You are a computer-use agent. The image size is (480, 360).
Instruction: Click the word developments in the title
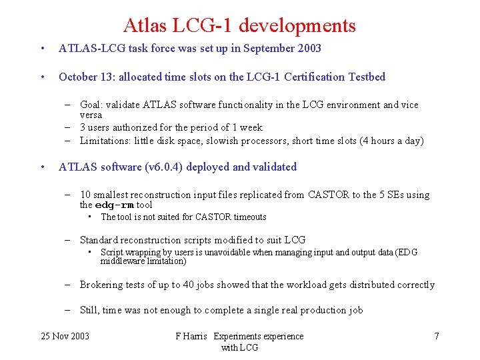pos(297,26)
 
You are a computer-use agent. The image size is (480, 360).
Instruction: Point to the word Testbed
pos(367,77)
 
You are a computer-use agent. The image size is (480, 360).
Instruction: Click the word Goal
pos(91,105)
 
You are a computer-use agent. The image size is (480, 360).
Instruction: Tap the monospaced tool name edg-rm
pos(115,205)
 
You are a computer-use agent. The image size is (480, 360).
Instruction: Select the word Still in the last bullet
pos(89,310)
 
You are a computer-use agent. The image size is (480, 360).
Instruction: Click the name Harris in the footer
pos(198,337)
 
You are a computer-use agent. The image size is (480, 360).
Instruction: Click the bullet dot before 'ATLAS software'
pos(42,167)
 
